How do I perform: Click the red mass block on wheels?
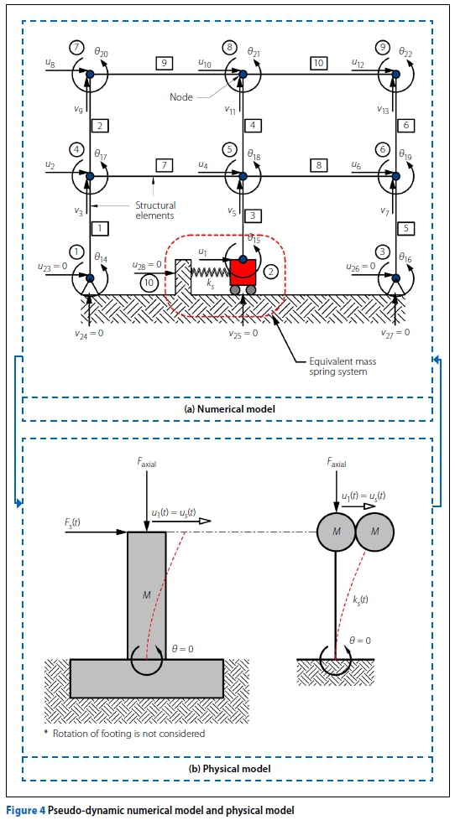click(243, 272)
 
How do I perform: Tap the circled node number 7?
click(76, 47)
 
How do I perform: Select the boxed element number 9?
click(164, 63)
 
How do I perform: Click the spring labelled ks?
click(210, 272)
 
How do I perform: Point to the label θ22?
click(406, 51)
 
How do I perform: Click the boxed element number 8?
click(318, 165)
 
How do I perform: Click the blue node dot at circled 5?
click(243, 177)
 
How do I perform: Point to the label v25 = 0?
click(243, 333)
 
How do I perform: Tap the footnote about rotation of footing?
click(124, 733)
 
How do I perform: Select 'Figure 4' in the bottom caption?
click(24, 811)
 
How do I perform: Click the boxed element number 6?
click(407, 126)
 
